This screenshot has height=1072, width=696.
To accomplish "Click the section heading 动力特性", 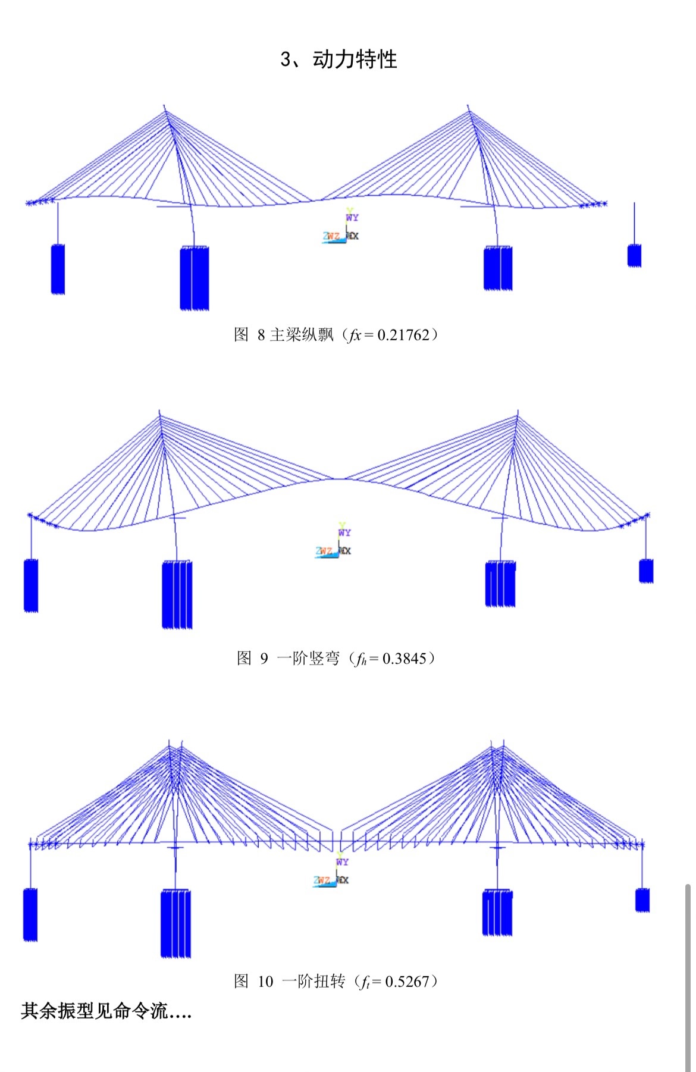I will [355, 59].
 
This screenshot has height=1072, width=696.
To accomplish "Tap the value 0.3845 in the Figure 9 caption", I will [405, 658].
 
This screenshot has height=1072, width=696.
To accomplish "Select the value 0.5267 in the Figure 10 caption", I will [407, 981].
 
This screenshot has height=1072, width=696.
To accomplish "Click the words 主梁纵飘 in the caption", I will [302, 335].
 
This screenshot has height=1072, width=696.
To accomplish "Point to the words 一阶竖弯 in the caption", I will [308, 658].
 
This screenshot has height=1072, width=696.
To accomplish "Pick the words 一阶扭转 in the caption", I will [313, 981].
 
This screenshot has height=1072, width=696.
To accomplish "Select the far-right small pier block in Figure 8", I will [634, 255].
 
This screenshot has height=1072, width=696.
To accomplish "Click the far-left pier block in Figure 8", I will [58, 269].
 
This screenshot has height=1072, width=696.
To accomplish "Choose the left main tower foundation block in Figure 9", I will [177, 594].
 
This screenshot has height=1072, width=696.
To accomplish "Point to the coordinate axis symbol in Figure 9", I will [336, 544].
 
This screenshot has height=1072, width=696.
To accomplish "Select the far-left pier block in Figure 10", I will [30, 914].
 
